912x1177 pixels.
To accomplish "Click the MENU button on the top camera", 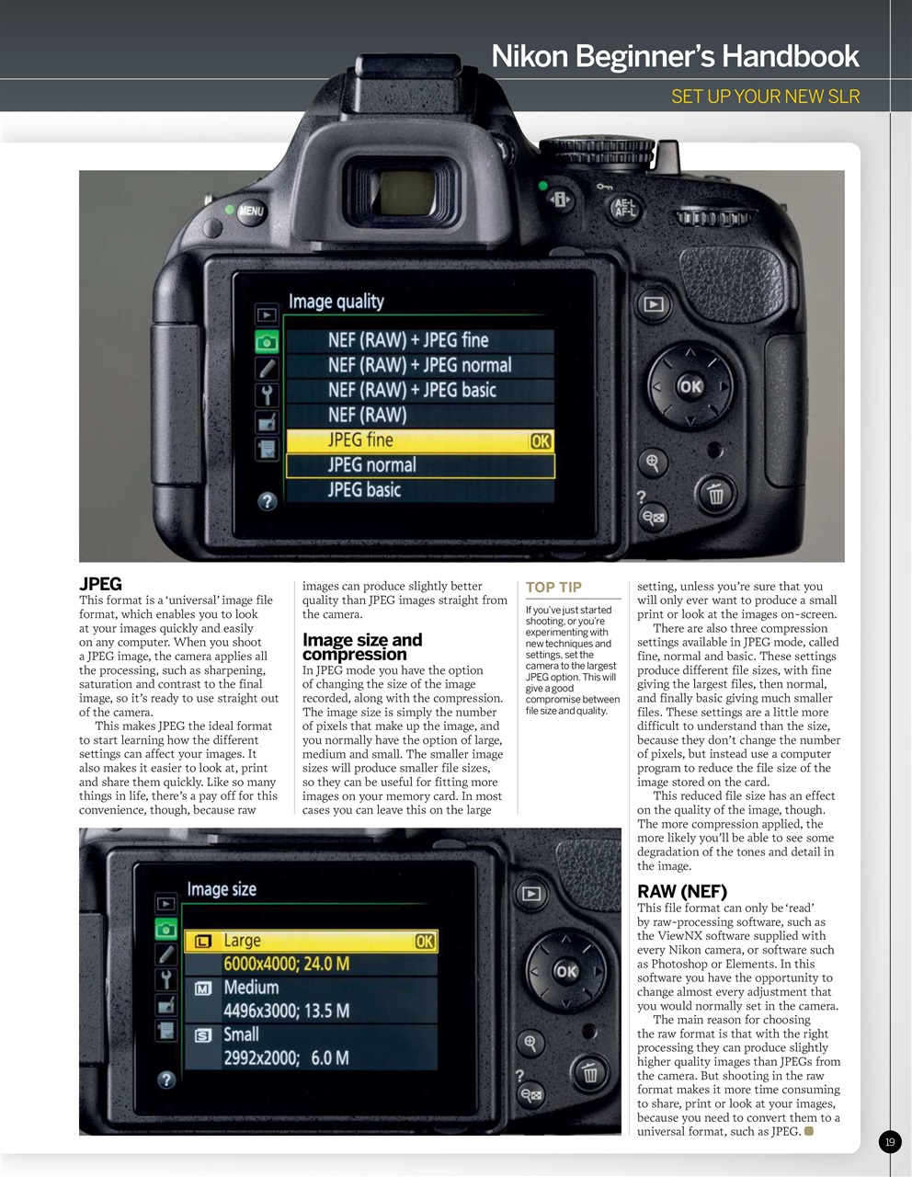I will click(250, 211).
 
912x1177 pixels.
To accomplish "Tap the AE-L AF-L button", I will click(624, 209).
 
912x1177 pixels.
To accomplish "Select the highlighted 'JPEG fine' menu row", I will click(419, 440).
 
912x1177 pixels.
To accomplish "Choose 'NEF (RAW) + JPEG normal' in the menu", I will click(419, 365).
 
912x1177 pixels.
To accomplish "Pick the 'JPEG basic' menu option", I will click(419, 490).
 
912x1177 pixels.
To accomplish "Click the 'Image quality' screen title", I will click(336, 302).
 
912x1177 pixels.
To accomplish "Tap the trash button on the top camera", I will click(714, 496).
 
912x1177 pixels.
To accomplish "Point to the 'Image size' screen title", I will click(222, 889).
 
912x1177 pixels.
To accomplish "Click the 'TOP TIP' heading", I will click(553, 588).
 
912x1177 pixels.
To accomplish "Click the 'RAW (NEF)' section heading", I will click(681, 891).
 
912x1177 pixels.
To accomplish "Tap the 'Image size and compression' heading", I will click(362, 646).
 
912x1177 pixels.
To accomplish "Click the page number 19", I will click(889, 1142).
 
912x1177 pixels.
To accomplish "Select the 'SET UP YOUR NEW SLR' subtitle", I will click(765, 97).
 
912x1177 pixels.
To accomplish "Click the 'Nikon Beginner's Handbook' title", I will click(675, 56).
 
